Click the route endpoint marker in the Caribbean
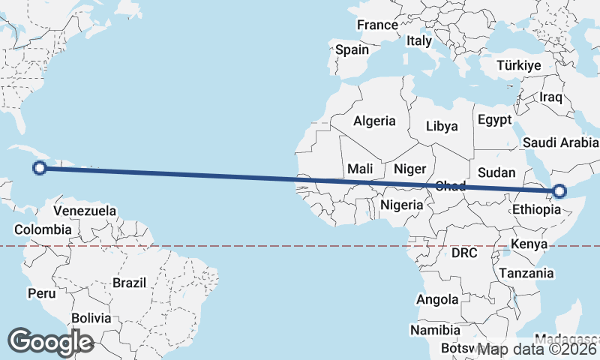tap(40, 168)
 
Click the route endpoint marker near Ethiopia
tap(559, 192)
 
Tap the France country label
tap(377, 25)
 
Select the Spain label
tap(352, 49)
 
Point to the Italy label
tap(419, 41)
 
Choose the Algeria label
tap(374, 121)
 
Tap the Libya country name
tap(442, 126)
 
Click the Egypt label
tap(494, 120)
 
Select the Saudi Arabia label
tap(561, 142)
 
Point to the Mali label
tap(361, 169)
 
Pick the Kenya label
tap(529, 244)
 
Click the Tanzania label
tap(526, 273)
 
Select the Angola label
tap(437, 299)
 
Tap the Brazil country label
tap(129, 283)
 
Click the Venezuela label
tap(85, 211)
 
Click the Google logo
tap(50, 341)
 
